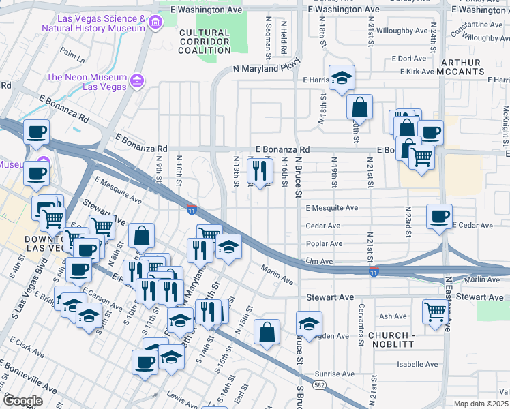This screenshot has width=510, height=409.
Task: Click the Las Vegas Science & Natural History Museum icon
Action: coord(155,24)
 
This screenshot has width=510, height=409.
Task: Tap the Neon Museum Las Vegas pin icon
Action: coord(138,81)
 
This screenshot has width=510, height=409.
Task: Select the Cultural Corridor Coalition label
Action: coord(205,42)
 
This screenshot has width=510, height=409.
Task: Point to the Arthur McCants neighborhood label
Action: coord(461,67)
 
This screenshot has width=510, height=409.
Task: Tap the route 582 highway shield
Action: coord(318,385)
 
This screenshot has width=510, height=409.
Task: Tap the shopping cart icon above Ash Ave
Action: coord(434,311)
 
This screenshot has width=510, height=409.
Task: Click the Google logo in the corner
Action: coord(22,401)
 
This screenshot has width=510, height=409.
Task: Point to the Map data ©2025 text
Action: coord(481,404)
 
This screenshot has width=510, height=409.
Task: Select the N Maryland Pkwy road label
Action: coord(267,69)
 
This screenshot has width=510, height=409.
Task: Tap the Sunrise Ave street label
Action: coord(335,374)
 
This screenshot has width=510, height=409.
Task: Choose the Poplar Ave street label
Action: coord(325,243)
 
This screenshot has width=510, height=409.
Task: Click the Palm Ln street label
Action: coord(71,51)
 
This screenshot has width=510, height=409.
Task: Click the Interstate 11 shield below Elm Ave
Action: coord(374,273)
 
